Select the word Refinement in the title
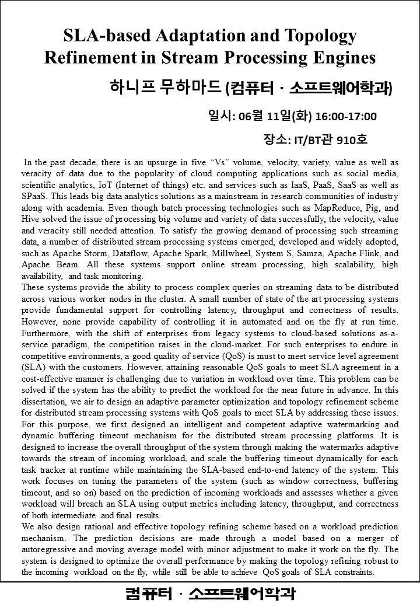[x=85, y=58]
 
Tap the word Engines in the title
[x=342, y=58]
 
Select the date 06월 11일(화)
[x=272, y=116]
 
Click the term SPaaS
[x=35, y=197]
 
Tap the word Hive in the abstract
[x=31, y=219]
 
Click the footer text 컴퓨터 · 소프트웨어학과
[x=210, y=594]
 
